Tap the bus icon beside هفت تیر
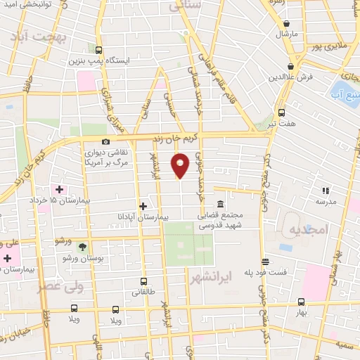[x=281, y=112]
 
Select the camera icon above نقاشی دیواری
[x=105, y=141]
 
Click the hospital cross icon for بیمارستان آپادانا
[x=143, y=206]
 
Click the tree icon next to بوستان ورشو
[x=83, y=246]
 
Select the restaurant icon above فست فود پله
[x=264, y=261]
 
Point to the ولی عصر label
[x=62, y=287]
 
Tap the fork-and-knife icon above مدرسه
[x=325, y=190]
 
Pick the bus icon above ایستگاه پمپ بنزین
[x=98, y=50]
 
